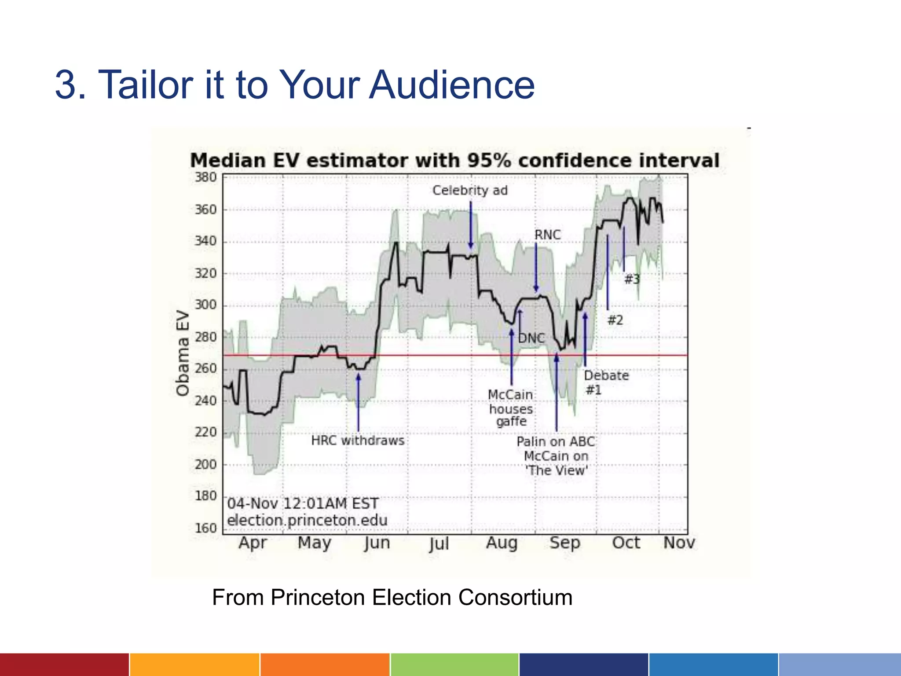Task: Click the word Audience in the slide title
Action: pyautogui.click(x=451, y=84)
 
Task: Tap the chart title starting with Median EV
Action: pyautogui.click(x=454, y=160)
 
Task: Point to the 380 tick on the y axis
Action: pyautogui.click(x=206, y=177)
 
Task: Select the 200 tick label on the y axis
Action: pyautogui.click(x=206, y=464)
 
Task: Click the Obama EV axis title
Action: pyautogui.click(x=183, y=353)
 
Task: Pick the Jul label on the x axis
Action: pyautogui.click(x=439, y=544)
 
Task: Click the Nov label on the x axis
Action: pyautogui.click(x=679, y=543)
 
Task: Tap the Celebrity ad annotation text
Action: pyautogui.click(x=470, y=191)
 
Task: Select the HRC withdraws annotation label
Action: pyautogui.click(x=358, y=441)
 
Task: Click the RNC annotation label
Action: pyautogui.click(x=548, y=235)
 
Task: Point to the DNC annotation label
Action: pyautogui.click(x=531, y=338)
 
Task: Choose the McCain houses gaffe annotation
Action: pyautogui.click(x=511, y=408)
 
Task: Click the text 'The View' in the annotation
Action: pyautogui.click(x=557, y=470)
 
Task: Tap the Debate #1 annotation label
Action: pyautogui.click(x=606, y=382)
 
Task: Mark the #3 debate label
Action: pyautogui.click(x=632, y=279)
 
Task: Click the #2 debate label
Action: pyautogui.click(x=615, y=320)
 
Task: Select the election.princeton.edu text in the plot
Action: pyautogui.click(x=307, y=520)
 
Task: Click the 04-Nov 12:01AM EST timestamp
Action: pyautogui.click(x=303, y=503)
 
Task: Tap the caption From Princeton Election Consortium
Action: pyautogui.click(x=392, y=597)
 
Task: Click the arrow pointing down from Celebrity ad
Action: pyautogui.click(x=471, y=224)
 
